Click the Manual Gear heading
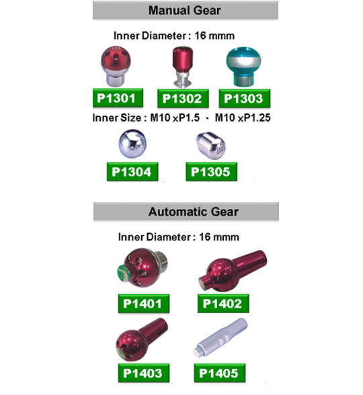185,11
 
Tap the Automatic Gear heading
194,212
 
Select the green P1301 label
118,98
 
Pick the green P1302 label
183,99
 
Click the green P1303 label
245,99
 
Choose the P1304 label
132,172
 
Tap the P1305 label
212,172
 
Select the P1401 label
144,304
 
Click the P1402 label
223,304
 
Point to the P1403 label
144,373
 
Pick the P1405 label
220,373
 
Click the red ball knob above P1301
116,66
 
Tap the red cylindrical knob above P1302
183,67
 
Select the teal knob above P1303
243,67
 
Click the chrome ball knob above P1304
132,144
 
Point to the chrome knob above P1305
211,145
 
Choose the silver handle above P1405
220,337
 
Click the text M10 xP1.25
243,118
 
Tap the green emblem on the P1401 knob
124,273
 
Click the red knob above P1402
233,271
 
